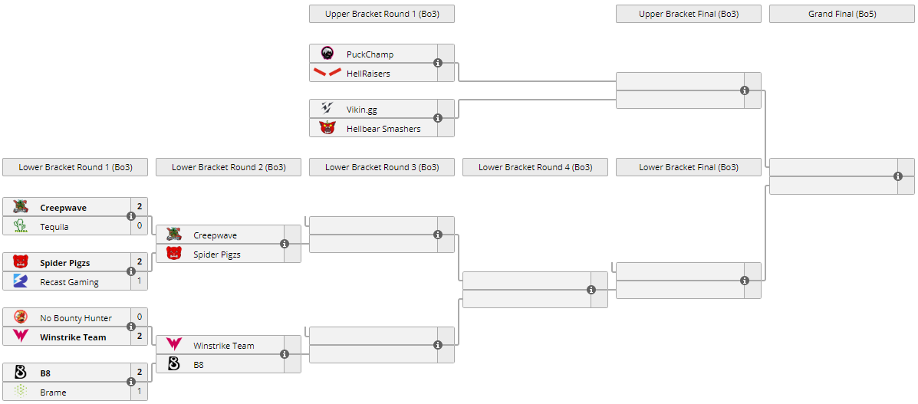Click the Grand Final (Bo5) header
coord(841,14)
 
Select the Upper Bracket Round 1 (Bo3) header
coord(381,14)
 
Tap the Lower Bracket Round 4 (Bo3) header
coord(535,167)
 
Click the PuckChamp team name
coord(370,54)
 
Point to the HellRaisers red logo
coord(327,73)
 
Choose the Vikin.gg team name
coord(361,110)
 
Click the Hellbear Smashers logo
coord(327,128)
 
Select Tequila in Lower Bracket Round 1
coord(54,227)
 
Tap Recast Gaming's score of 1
coord(140,281)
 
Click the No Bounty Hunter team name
coord(76,318)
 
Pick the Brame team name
coord(53,393)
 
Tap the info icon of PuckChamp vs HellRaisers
coord(438,63)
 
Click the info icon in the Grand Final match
coord(898,176)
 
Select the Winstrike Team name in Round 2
coord(223,346)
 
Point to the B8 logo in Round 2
coord(174,364)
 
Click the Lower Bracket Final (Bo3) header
coord(688,167)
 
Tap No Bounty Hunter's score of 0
coord(140,317)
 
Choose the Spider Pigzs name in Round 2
coord(217,255)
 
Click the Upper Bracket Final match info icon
coord(745,90)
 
